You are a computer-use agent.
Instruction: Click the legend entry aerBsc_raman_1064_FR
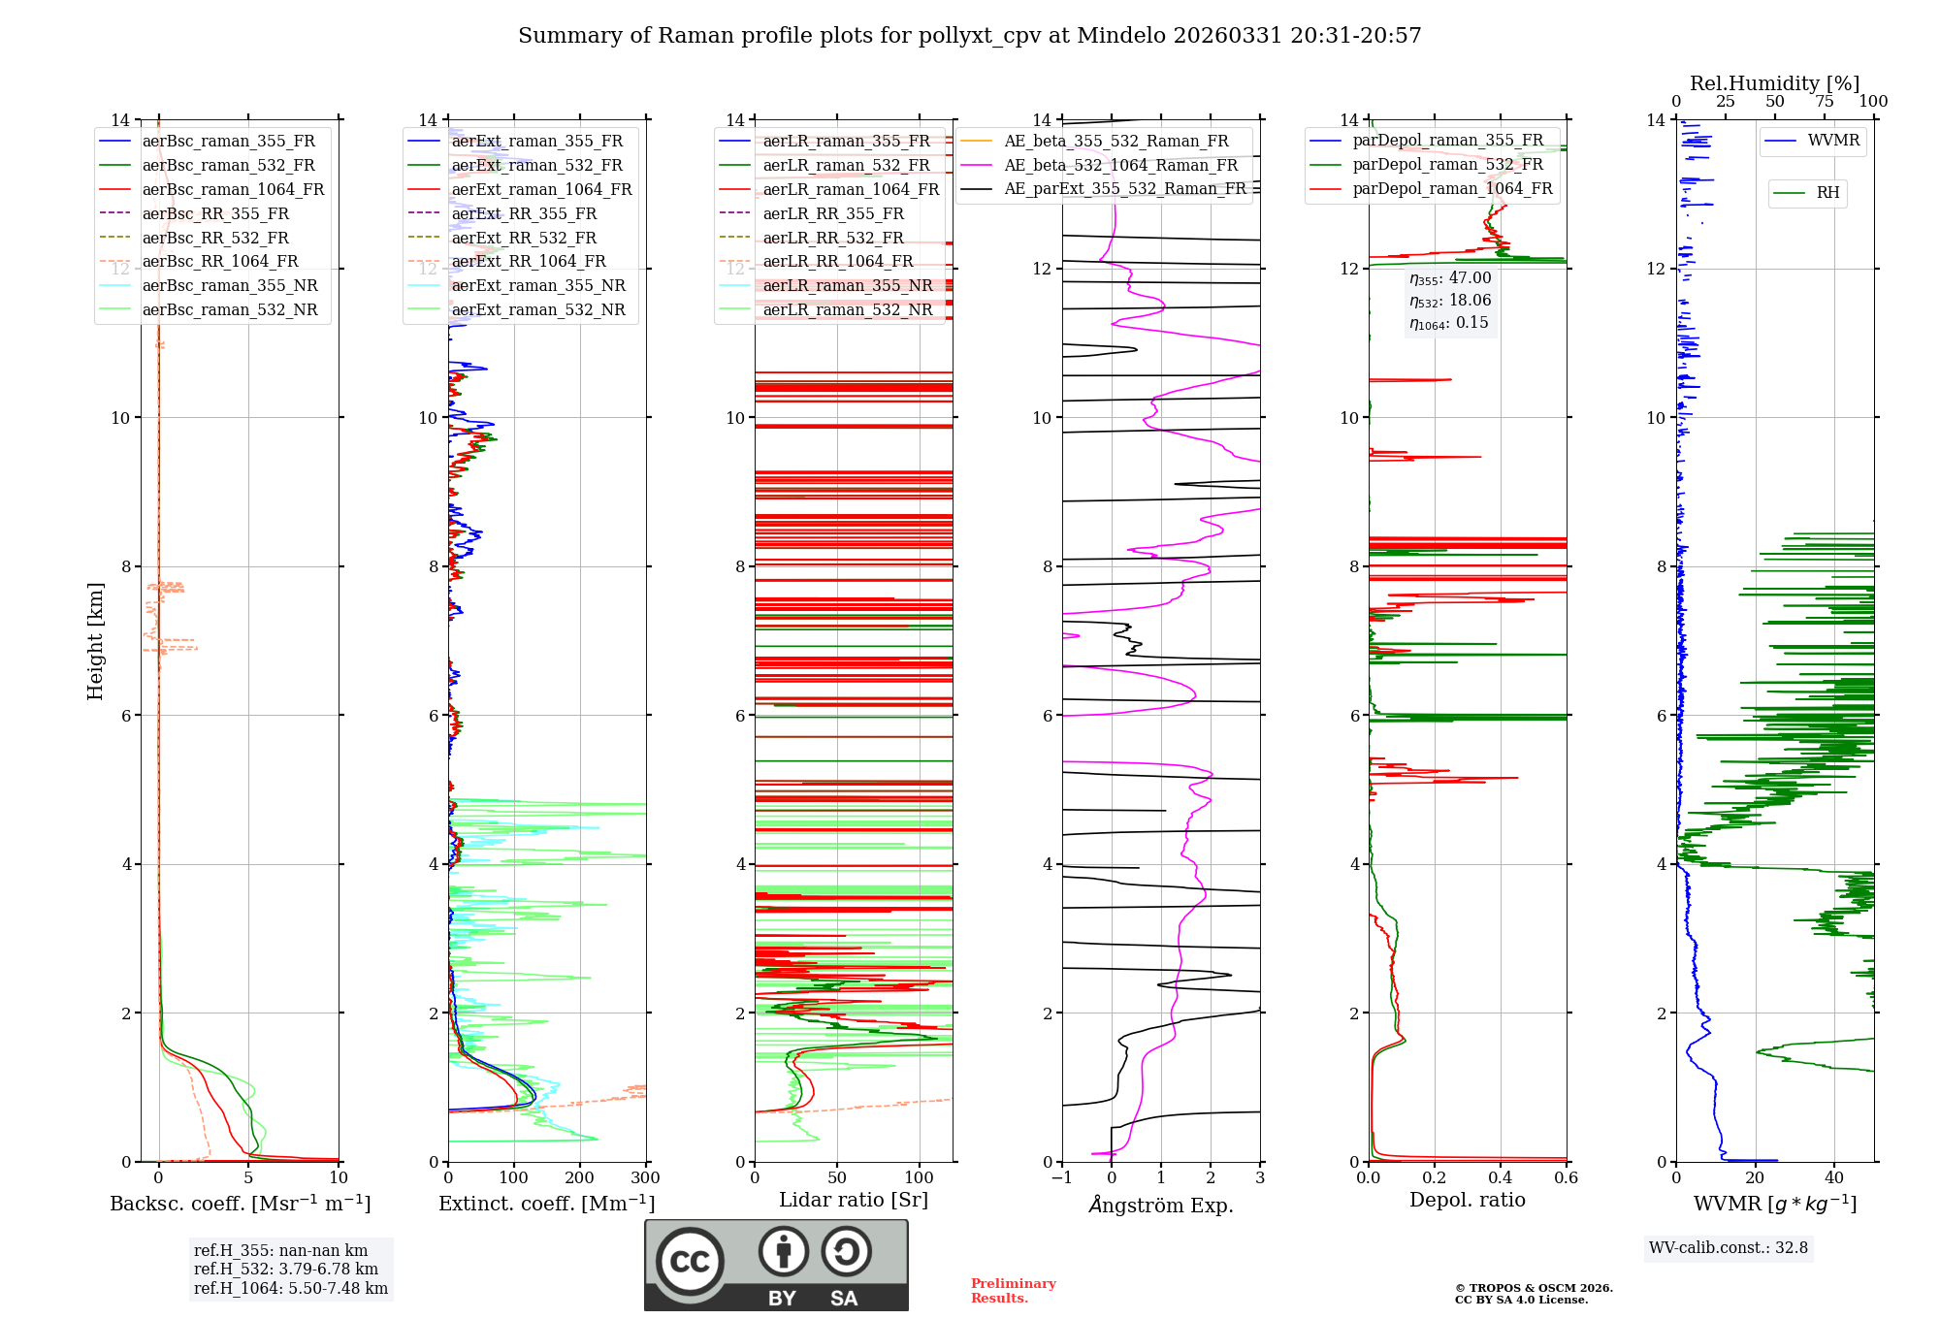click(x=233, y=189)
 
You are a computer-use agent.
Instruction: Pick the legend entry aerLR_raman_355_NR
click(x=847, y=285)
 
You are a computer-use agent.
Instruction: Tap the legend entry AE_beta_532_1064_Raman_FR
click(x=1120, y=165)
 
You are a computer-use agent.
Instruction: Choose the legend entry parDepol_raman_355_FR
click(x=1447, y=141)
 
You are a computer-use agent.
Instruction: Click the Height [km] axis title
click(x=95, y=641)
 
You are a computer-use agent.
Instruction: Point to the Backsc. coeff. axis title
click(x=240, y=1204)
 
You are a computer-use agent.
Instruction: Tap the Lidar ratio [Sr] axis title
click(x=853, y=1200)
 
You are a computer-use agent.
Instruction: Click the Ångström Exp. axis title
click(x=1161, y=1205)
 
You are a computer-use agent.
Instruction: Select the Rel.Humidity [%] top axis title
click(x=1774, y=83)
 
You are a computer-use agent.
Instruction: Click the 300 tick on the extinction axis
click(x=645, y=1178)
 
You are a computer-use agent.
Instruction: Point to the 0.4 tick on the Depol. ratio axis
click(x=1500, y=1178)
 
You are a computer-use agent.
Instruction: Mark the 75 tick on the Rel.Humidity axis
click(x=1824, y=102)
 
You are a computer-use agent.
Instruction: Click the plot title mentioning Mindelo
click(x=969, y=36)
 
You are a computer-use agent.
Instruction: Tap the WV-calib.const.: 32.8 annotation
click(x=1729, y=1247)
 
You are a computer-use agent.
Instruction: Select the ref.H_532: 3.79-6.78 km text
click(x=285, y=1269)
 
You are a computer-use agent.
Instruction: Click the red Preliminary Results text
click(x=1013, y=1291)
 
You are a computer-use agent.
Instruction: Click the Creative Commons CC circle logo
click(x=690, y=1261)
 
